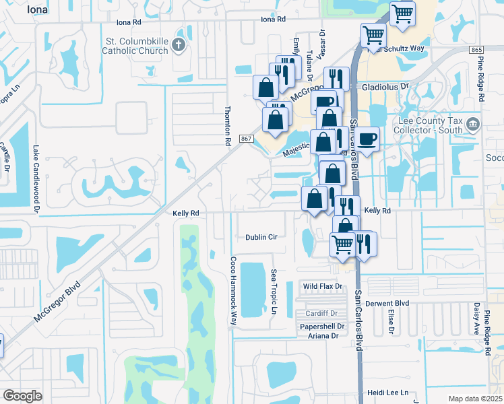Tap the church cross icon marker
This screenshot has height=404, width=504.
click(178, 45)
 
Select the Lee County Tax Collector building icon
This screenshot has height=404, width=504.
click(473, 124)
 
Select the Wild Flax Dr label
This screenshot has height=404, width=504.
click(323, 286)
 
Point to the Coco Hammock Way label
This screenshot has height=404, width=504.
click(234, 291)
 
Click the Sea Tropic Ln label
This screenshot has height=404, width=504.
click(274, 292)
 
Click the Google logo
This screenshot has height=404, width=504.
click(22, 395)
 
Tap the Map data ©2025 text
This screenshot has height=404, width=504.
click(475, 399)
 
